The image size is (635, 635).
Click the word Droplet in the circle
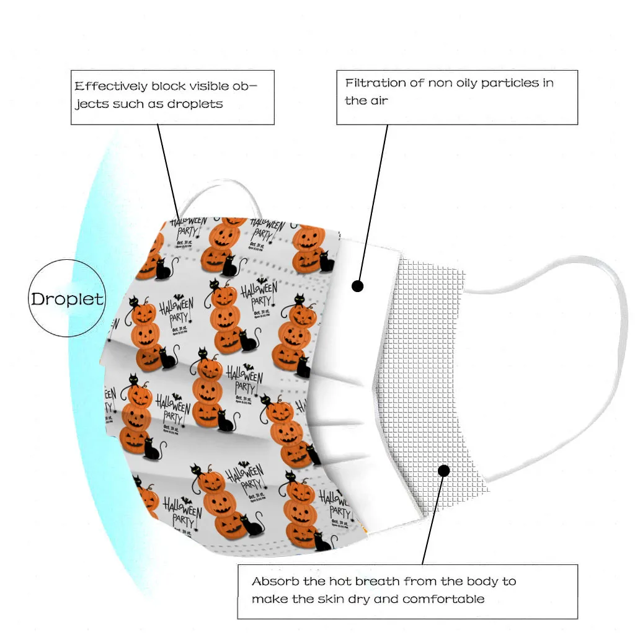67,299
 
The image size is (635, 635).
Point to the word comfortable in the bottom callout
443,599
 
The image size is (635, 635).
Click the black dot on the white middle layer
357,286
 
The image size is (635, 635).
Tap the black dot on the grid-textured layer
443,471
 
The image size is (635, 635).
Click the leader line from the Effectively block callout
168,167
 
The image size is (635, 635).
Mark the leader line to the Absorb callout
432,521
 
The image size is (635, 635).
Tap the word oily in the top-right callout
457,82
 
